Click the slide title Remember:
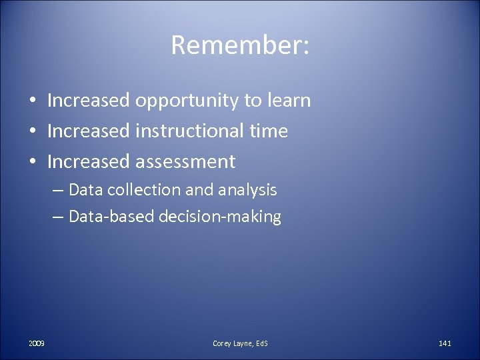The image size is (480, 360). [x=239, y=45]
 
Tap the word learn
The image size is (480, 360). [x=287, y=101]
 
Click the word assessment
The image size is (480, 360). [x=185, y=161]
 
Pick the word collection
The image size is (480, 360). [x=141, y=190]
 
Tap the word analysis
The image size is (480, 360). [x=247, y=191]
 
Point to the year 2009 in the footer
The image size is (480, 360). [x=37, y=343]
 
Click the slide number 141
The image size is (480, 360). [x=445, y=343]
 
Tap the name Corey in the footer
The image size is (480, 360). [x=222, y=343]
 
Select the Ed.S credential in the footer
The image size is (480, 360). [x=261, y=343]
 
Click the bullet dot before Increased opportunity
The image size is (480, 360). [x=32, y=101]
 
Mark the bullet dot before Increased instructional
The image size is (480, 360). [x=32, y=131]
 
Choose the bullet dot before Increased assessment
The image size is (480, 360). [x=32, y=162]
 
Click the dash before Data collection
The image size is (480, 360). [x=58, y=191]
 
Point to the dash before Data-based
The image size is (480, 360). [x=58, y=217]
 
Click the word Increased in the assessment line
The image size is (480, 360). [x=89, y=161]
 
